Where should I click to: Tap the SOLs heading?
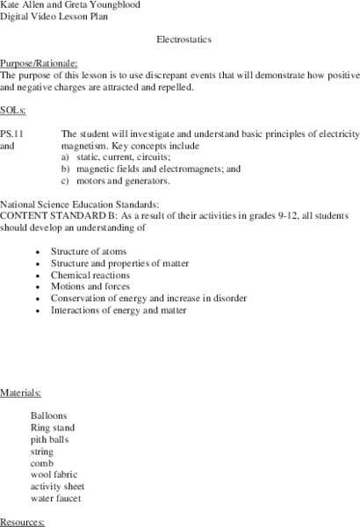pyautogui.click(x=12, y=110)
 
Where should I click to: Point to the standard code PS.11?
pyautogui.click(x=12, y=134)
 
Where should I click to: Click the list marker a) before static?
pyautogui.click(x=66, y=156)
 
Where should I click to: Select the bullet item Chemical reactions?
pyautogui.click(x=90, y=275)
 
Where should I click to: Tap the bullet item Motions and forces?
pyautogui.click(x=90, y=286)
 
